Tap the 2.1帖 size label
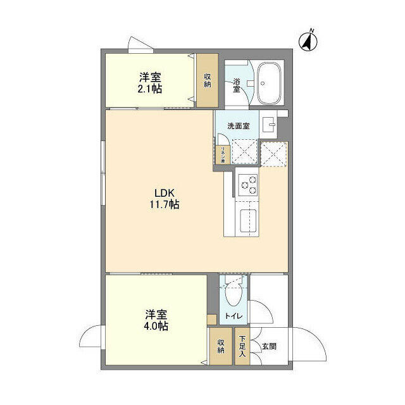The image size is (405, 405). click(x=151, y=89)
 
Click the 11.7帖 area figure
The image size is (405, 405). click(x=165, y=205)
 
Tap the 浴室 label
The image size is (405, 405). click(x=236, y=85)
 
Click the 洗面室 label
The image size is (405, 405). click(x=239, y=126)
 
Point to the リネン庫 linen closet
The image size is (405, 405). click(x=223, y=154)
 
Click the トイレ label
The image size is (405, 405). click(x=235, y=316)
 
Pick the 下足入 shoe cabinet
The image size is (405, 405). click(x=242, y=347)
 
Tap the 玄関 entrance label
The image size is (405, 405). click(x=269, y=346)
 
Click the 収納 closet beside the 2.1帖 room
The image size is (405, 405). click(x=207, y=81)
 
